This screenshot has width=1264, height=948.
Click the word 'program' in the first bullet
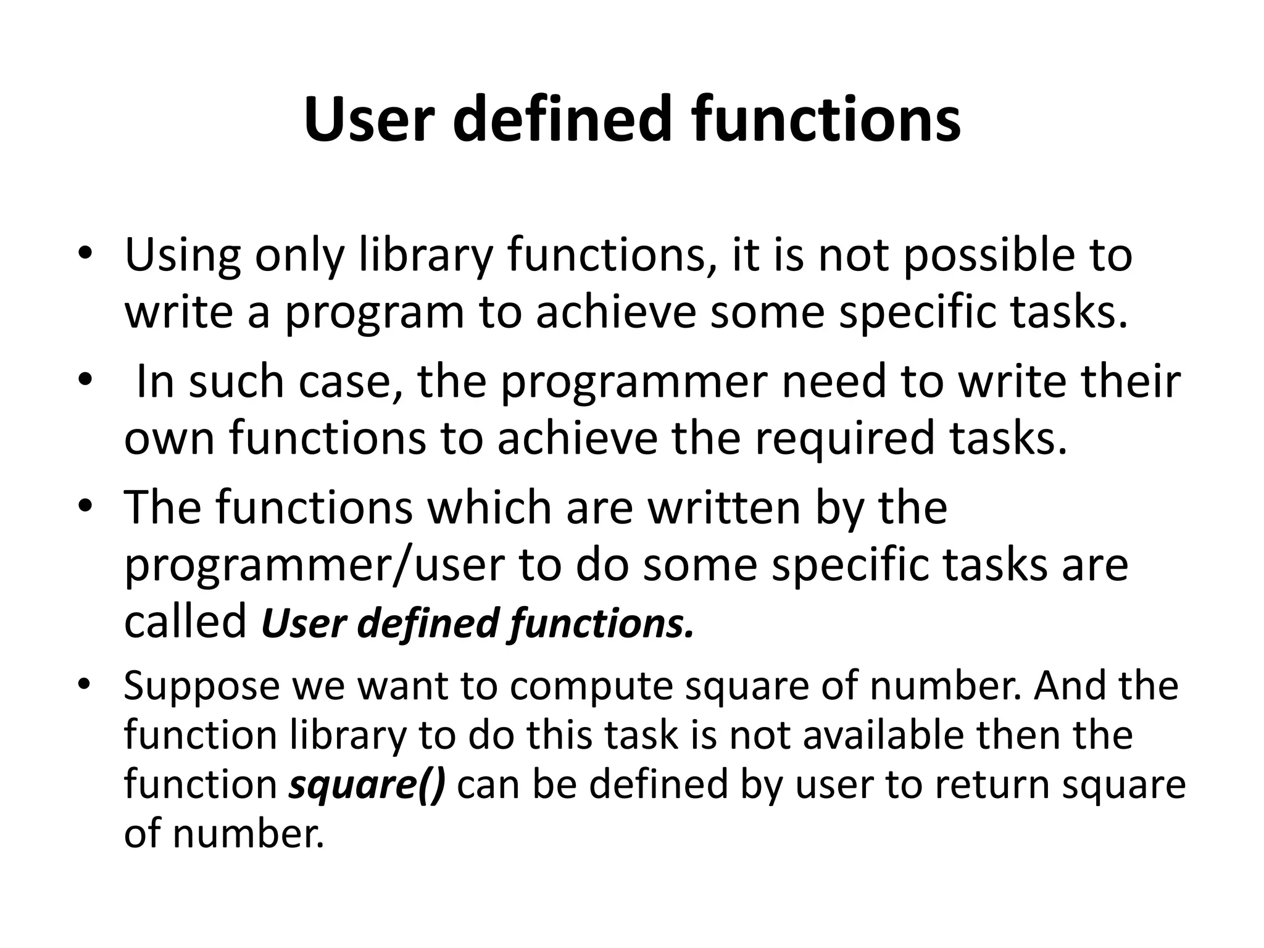[x=373, y=313]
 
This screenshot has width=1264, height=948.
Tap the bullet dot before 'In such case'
[x=85, y=380]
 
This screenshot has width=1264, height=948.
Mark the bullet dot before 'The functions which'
[x=85, y=505]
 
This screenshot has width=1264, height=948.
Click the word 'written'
[x=720, y=507]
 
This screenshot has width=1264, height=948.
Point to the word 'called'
[x=185, y=622]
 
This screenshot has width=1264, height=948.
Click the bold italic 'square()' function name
[x=367, y=785]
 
